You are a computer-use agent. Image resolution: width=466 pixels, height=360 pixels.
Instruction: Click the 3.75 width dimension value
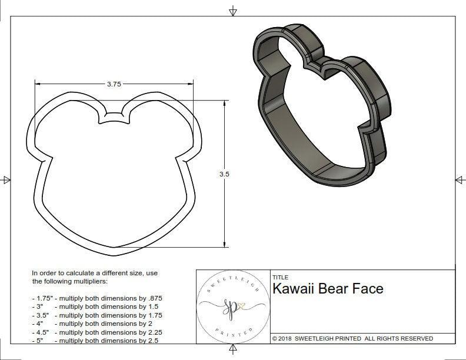(x=114, y=84)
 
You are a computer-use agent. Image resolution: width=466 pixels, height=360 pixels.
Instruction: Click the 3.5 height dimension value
(x=224, y=174)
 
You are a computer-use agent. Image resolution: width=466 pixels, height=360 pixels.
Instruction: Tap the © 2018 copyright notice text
(x=352, y=338)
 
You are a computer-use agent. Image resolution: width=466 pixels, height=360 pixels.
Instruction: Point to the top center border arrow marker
(x=233, y=11)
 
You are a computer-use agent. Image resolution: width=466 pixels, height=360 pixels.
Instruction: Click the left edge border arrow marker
(x=6, y=179)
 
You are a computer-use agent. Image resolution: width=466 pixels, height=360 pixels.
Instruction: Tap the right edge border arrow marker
(x=459, y=179)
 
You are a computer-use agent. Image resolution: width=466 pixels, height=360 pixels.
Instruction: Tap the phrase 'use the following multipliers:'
(x=94, y=277)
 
